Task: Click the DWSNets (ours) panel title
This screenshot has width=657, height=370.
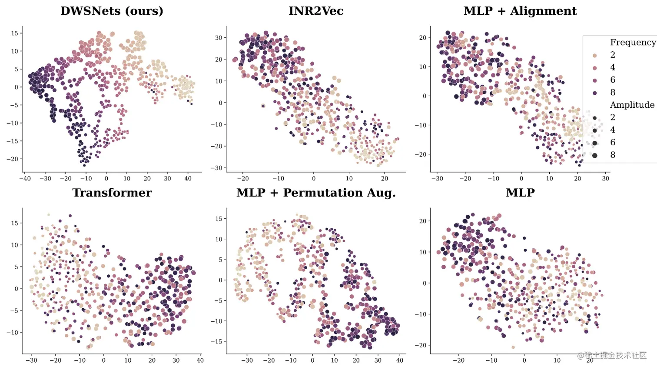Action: coord(112,11)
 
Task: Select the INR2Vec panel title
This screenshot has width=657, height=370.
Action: coord(316,11)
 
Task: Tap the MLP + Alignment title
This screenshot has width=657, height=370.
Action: coord(520,11)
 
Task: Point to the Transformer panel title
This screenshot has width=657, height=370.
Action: coord(112,193)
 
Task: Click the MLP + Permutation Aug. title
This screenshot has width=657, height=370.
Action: coord(316,193)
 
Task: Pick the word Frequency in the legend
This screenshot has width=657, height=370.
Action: coord(632,42)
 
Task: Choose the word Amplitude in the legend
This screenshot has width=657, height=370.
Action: coord(632,105)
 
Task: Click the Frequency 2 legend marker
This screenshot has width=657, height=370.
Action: coord(594,55)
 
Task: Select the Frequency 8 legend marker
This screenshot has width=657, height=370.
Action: coord(594,93)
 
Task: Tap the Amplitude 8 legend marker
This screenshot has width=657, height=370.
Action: coord(594,155)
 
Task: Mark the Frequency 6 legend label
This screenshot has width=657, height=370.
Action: coord(613,80)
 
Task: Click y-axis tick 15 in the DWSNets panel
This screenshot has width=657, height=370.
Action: coord(14,33)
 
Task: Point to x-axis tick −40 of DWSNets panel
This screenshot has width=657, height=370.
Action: coord(24,178)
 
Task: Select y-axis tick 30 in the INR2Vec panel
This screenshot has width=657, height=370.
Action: coord(219,38)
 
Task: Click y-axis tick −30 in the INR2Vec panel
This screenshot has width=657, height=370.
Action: coord(216,168)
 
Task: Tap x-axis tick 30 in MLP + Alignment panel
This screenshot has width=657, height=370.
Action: coord(606,178)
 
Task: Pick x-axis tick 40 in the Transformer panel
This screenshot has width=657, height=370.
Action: coord(200,360)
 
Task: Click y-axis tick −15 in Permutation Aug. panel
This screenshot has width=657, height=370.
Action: coord(216,342)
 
